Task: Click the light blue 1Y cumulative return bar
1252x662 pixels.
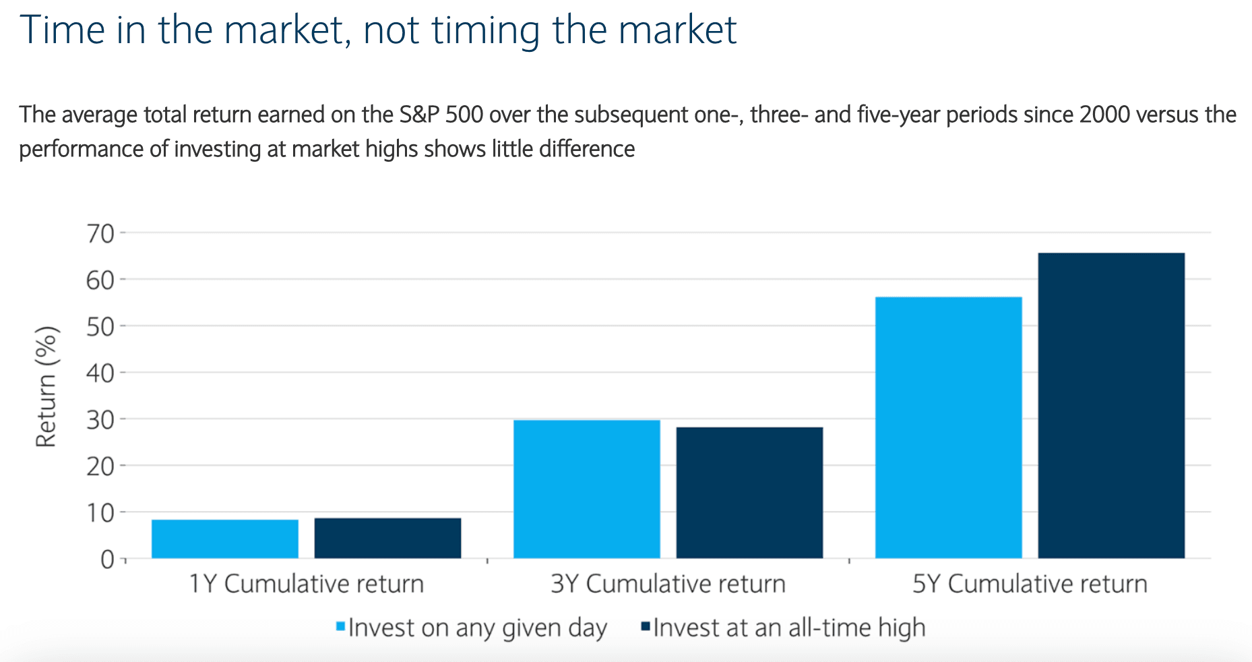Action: (225, 539)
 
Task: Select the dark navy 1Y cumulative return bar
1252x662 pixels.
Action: (387, 538)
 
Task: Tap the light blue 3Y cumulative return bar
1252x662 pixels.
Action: (587, 489)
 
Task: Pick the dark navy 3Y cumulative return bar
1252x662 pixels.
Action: (749, 493)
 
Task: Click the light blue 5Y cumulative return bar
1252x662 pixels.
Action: (949, 427)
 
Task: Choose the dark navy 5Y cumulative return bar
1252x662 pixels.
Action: (1111, 406)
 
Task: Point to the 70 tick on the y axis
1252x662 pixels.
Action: (100, 234)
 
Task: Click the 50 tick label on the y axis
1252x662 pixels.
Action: (100, 326)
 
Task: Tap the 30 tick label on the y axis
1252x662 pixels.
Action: (100, 419)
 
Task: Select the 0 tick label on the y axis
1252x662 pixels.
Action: (108, 560)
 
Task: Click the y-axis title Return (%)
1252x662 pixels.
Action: (46, 387)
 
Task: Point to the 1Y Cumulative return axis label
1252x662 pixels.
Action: (306, 584)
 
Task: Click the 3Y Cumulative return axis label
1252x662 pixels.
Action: (668, 584)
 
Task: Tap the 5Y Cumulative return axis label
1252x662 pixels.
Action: (1030, 584)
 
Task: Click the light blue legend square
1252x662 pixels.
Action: (341, 627)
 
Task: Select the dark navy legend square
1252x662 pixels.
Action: (646, 627)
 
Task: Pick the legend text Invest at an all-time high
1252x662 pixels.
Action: (789, 628)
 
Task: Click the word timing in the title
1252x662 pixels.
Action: (485, 31)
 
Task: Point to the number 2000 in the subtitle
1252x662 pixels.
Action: (1104, 115)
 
